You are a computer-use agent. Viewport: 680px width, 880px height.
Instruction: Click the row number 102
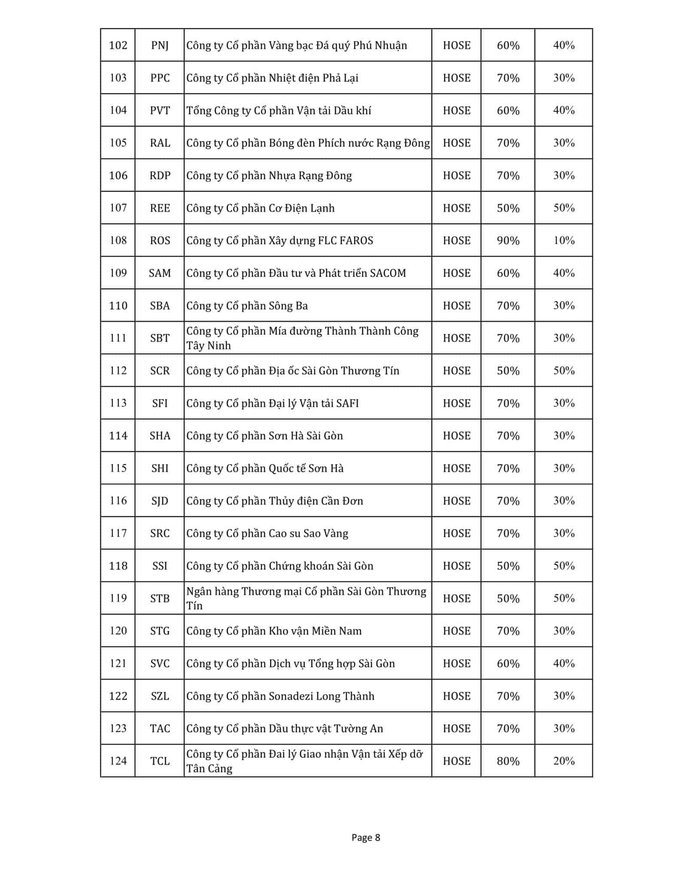pos(118,45)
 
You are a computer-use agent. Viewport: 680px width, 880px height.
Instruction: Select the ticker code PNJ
pos(160,45)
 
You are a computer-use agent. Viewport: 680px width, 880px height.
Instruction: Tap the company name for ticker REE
pos(260,208)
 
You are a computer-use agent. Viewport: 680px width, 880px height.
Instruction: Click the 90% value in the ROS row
pos(508,240)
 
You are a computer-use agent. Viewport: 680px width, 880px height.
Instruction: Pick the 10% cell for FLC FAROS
pos(564,240)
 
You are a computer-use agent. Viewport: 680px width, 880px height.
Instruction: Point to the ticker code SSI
pos(160,565)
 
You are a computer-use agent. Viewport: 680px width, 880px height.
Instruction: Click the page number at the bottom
pos(366,837)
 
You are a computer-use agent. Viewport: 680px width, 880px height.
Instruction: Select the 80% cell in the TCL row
pos(508,761)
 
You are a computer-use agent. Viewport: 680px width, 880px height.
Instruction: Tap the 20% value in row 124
pos(564,761)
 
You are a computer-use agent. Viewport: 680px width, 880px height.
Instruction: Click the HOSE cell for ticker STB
pos(457,598)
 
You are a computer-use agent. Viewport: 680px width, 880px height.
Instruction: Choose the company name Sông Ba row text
pos(247,306)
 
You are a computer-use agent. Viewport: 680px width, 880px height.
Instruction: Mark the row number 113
pos(118,403)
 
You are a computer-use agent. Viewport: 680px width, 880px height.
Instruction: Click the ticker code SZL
pos(160,696)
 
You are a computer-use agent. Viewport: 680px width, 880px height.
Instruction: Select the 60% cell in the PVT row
pos(508,110)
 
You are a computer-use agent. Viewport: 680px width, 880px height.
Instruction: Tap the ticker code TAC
pos(160,728)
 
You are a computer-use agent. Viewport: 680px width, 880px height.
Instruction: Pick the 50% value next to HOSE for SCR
pos(508,370)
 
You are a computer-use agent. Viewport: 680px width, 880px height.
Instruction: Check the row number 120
pos(118,631)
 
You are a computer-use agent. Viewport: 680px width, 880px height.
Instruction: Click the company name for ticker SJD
pos(274,501)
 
